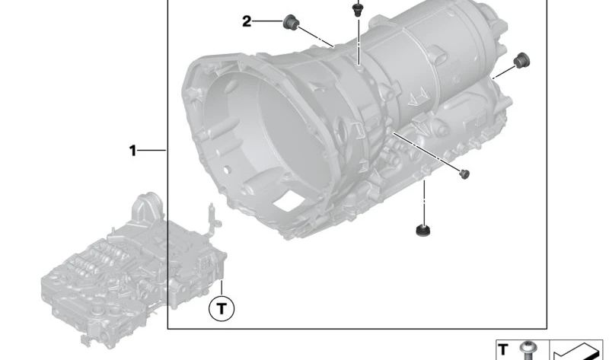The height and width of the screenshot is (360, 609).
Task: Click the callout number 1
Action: pos(132,151)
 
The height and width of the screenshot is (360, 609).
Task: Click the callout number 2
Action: pos(247,22)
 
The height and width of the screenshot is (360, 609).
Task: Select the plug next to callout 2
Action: pos(289,24)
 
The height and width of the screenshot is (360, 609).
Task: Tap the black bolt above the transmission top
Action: pos(356,8)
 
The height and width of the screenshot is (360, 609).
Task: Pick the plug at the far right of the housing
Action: pos(521,60)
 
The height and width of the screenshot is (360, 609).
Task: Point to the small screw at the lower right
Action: pos(462,174)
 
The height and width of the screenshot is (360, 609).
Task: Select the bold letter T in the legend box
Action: pos(503,349)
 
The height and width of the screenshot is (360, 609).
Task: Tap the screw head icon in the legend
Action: pos(525,350)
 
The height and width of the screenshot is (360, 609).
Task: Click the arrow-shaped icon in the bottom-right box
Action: pos(577,350)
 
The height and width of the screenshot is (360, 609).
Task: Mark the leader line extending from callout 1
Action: pos(152,151)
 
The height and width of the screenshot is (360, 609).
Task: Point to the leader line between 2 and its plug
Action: pos(267,22)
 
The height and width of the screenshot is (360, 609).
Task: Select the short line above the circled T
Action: pos(222,288)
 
